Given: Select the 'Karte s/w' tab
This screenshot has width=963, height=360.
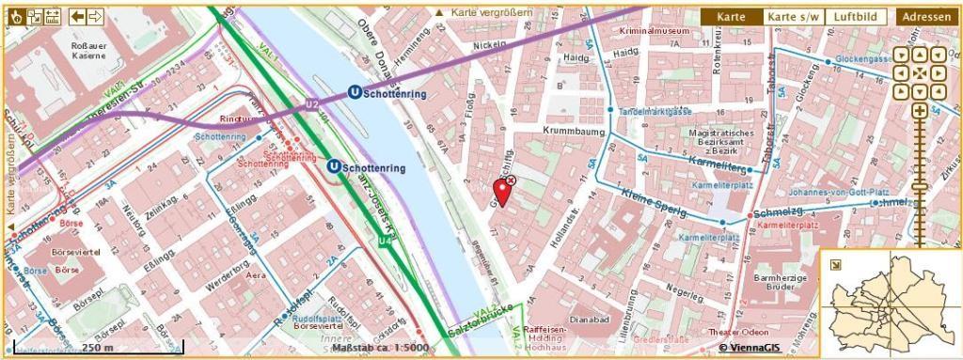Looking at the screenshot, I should coord(793,17).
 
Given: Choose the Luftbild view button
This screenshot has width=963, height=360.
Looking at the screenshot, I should coord(856,17).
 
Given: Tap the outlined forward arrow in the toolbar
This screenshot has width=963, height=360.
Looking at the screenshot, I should coord(95,16).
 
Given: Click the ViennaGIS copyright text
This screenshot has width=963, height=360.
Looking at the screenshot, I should coord(750,347).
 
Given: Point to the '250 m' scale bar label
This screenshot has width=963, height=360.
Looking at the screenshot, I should coord(97,347).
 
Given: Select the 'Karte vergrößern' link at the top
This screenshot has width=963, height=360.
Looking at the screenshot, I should coord(483,12).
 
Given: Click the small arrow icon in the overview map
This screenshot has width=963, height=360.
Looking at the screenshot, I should coord(834,264).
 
